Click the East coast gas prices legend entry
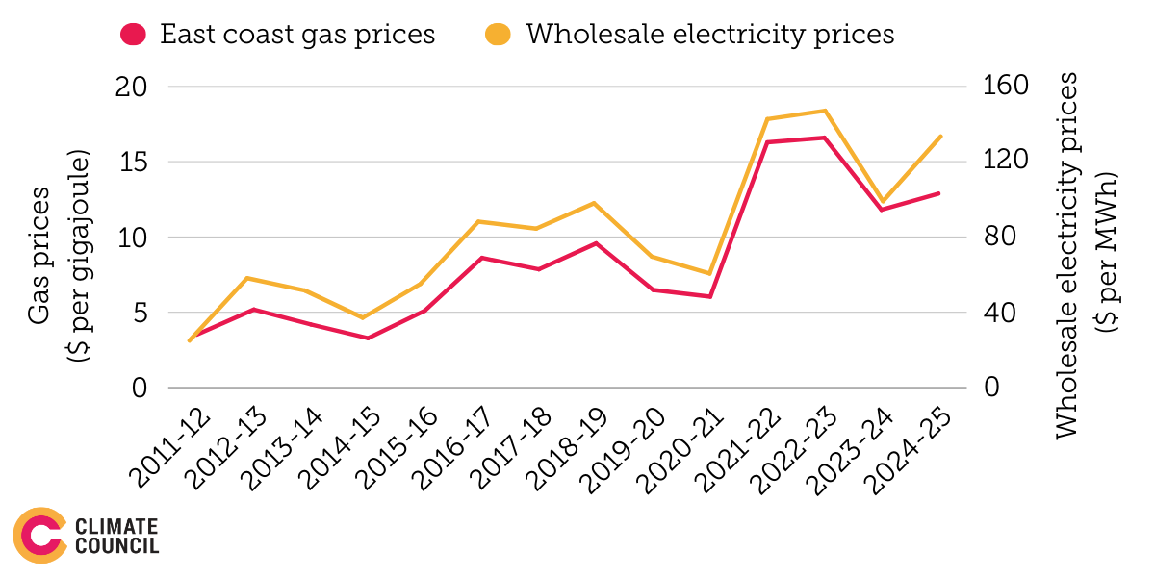(279, 35)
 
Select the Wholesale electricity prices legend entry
(689, 35)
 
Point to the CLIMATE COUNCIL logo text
(115, 536)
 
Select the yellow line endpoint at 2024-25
(939, 137)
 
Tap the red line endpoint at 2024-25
(939, 193)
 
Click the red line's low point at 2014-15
(367, 338)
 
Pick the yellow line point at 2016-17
(480, 221)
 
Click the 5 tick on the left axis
(141, 313)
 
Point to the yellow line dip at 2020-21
(710, 274)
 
